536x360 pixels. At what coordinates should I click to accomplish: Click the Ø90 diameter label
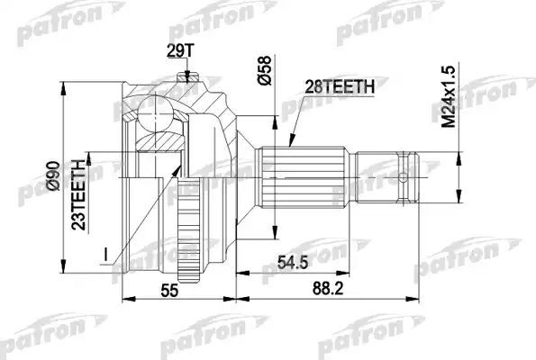click(55, 180)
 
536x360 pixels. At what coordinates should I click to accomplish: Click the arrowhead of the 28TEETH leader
click(290, 144)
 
